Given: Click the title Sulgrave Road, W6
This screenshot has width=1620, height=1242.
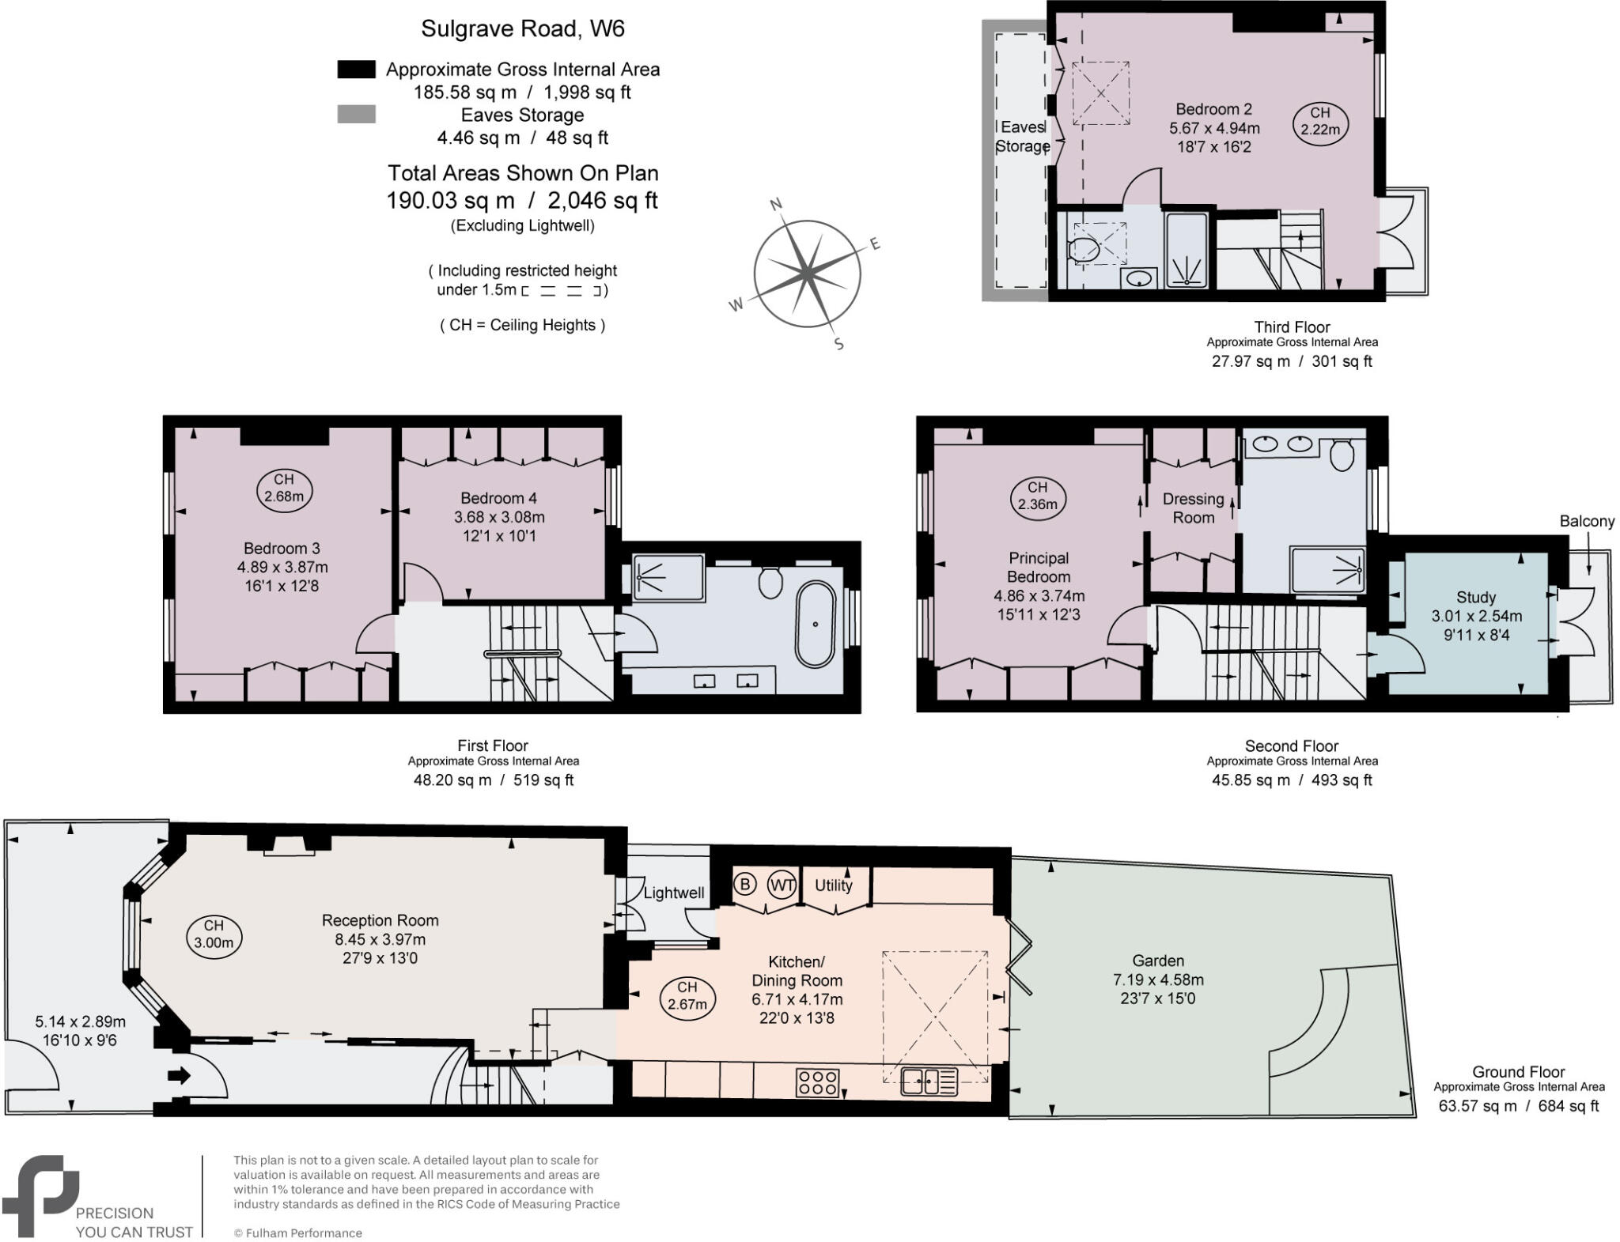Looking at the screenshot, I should click(x=522, y=28).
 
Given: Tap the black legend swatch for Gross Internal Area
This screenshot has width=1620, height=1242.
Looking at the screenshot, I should click(x=356, y=70).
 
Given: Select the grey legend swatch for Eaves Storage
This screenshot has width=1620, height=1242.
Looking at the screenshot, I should click(x=356, y=115).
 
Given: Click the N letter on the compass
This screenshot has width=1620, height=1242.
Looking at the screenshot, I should click(x=776, y=205).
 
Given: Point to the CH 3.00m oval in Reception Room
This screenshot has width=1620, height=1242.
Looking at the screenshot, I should click(x=214, y=934).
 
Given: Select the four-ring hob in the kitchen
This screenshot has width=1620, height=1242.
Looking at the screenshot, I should click(x=818, y=1082).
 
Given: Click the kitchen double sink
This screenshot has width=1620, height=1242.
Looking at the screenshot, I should click(x=929, y=1081).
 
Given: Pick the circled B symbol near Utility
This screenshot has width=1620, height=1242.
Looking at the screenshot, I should click(x=744, y=884).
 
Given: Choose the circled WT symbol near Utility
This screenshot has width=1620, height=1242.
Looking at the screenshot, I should click(x=782, y=884).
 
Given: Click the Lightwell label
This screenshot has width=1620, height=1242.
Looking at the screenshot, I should click(x=673, y=893).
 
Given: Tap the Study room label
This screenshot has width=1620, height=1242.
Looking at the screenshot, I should click(x=1475, y=597).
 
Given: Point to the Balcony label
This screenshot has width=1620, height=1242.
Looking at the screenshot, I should click(x=1586, y=521).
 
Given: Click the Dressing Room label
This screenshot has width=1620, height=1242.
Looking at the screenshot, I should click(x=1193, y=508).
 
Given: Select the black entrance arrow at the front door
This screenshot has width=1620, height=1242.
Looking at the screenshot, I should click(x=180, y=1075).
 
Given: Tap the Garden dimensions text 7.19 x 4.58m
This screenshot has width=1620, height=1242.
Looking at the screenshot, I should click(x=1158, y=980).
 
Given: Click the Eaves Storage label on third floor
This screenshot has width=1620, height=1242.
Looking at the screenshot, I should click(x=1022, y=136).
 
